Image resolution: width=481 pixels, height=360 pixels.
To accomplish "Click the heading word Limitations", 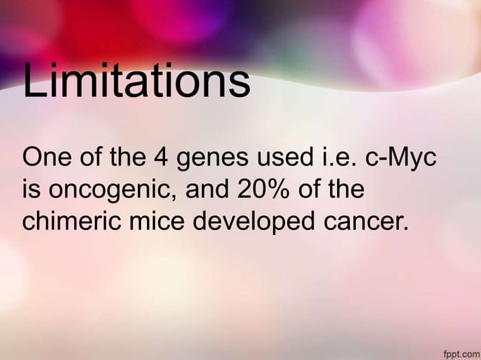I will pos(136,82).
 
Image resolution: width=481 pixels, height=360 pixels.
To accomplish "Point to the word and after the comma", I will pos(207,191).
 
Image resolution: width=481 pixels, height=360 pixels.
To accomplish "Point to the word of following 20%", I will pos(308,191).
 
